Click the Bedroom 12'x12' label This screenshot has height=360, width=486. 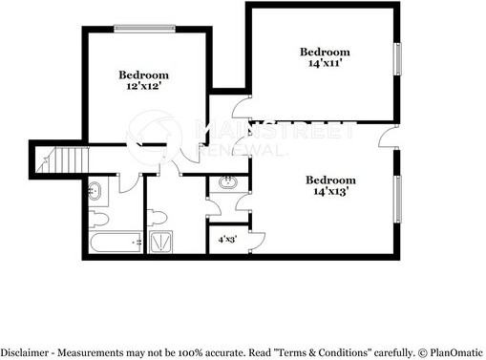tap(143, 80)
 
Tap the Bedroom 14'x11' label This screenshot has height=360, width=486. tap(325, 56)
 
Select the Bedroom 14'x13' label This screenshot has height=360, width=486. tap(330, 185)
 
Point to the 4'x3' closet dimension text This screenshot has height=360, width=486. tap(228, 240)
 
